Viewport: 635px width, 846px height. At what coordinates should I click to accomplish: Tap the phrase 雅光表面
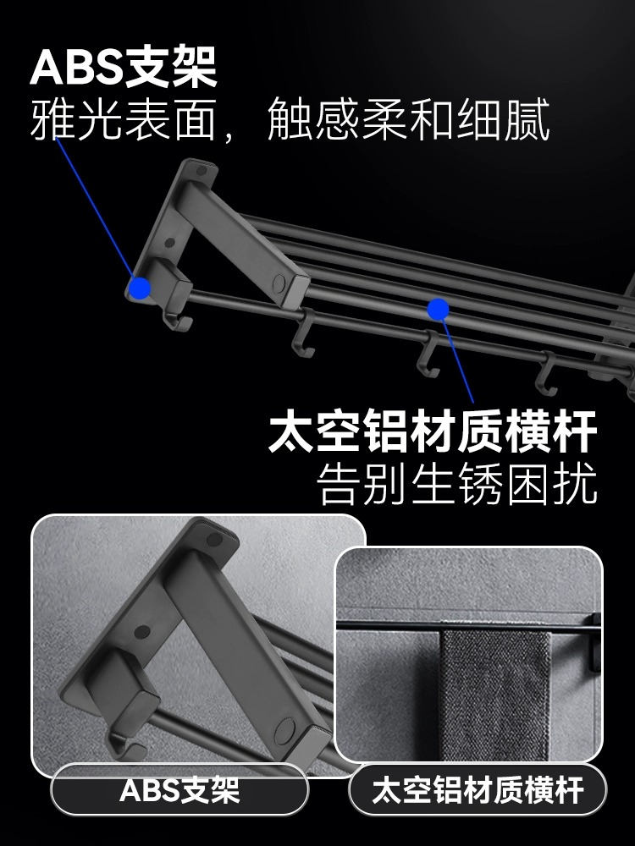click(123, 119)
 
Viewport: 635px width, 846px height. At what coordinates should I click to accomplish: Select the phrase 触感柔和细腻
click(409, 119)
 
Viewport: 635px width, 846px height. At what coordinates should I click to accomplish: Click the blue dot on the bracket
click(141, 288)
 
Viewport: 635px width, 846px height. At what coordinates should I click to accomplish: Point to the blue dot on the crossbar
click(438, 309)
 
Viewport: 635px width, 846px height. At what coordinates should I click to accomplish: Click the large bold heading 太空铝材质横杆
click(433, 431)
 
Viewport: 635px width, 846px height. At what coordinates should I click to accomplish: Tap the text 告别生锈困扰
click(457, 483)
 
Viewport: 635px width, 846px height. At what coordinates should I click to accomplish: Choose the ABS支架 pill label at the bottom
click(179, 790)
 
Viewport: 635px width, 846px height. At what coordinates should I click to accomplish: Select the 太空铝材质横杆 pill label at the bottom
click(478, 790)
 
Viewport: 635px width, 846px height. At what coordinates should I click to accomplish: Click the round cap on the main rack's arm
click(279, 283)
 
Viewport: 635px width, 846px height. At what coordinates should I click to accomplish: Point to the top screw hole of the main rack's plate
click(201, 171)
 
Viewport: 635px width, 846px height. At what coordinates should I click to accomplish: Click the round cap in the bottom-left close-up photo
click(284, 732)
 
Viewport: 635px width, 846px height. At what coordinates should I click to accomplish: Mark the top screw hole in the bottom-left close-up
click(214, 538)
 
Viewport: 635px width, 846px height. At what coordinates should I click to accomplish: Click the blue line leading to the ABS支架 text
click(95, 209)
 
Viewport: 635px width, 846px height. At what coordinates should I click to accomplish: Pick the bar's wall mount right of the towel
click(594, 642)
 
